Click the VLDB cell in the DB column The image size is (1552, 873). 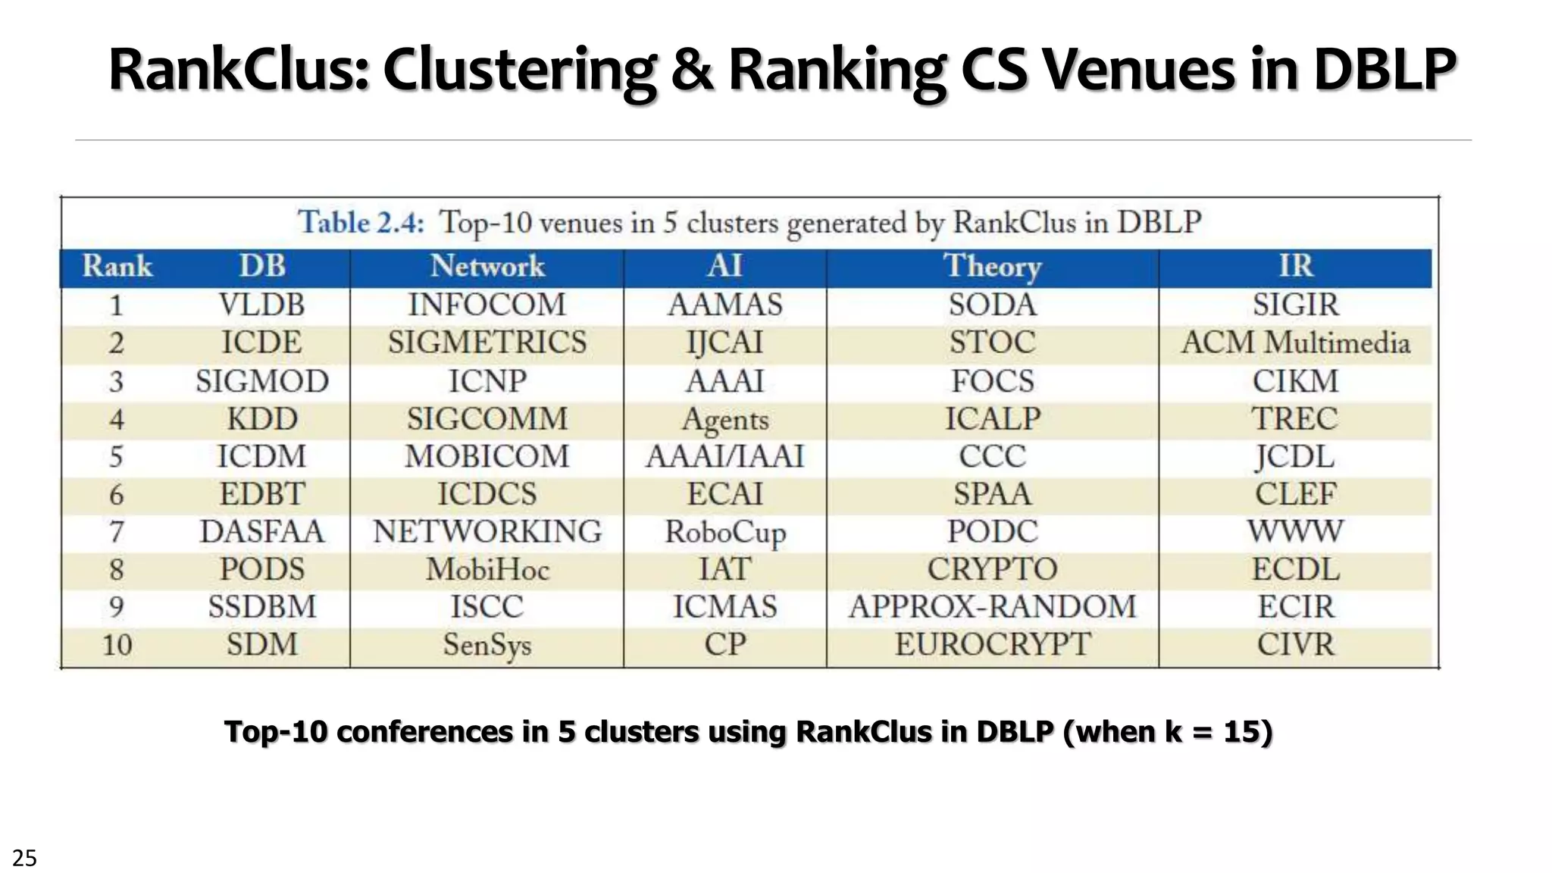coord(261,305)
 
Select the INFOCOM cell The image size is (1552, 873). coord(487,305)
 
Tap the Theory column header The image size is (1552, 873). coord(993,267)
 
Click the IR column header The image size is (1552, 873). coord(1296,267)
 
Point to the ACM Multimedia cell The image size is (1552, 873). coord(1296,343)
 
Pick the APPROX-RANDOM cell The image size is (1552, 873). coord(993,607)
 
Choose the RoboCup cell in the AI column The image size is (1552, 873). coord(725,532)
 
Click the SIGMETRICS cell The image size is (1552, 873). coord(487,343)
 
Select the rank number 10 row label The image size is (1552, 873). coord(117,645)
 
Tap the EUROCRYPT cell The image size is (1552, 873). coord(993,645)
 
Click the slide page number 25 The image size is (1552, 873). coord(24,858)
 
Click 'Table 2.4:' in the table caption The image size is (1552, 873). coord(361,223)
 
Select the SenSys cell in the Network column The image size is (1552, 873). coord(487,645)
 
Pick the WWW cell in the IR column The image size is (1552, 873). coord(1296,532)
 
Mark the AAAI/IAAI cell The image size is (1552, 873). coord(725,456)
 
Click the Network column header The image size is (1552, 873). coord(487,267)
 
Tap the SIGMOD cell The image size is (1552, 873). coord(261,380)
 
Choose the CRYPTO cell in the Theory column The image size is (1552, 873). coord(993,569)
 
